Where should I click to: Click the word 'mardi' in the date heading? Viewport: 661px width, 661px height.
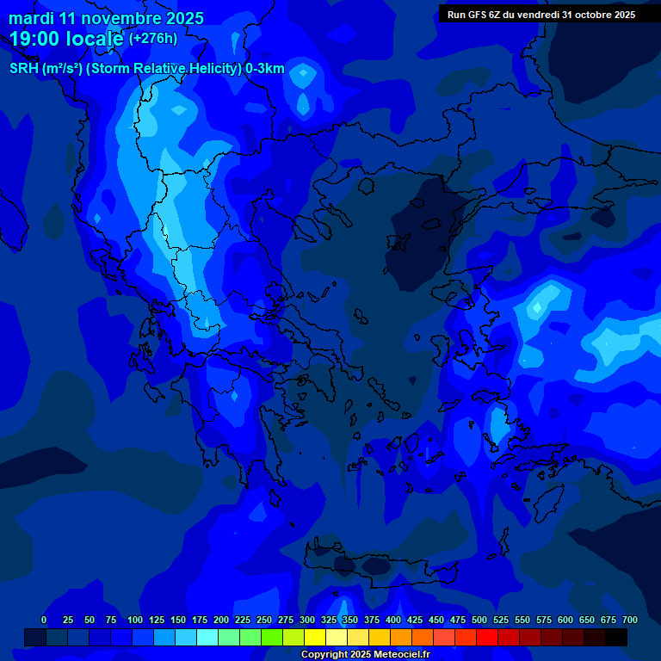pyautogui.click(x=31, y=18)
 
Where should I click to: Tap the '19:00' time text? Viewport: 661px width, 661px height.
pyautogui.click(x=35, y=38)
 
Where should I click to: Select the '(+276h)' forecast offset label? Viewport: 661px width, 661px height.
pyautogui.click(x=153, y=38)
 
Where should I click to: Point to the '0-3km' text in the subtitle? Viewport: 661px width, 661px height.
pyautogui.click(x=264, y=69)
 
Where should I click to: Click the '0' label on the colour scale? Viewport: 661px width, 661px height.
pyautogui.click(x=44, y=620)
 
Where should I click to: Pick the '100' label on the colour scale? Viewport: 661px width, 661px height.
pyautogui.click(x=135, y=620)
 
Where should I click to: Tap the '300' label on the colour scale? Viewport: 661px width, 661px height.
pyautogui.click(x=307, y=620)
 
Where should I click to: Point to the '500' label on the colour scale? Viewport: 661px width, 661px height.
pyautogui.click(x=479, y=620)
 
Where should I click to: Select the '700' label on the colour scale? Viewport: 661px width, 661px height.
pyautogui.click(x=630, y=620)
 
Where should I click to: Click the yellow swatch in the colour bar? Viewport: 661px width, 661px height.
pyautogui.click(x=315, y=637)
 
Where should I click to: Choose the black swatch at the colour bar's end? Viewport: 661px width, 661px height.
pyautogui.click(x=616, y=637)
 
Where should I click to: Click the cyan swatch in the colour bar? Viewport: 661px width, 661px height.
pyautogui.click(x=207, y=637)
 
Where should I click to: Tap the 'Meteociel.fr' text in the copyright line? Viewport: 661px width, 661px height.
pyautogui.click(x=398, y=654)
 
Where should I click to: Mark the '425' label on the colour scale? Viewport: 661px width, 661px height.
pyautogui.click(x=415, y=620)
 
